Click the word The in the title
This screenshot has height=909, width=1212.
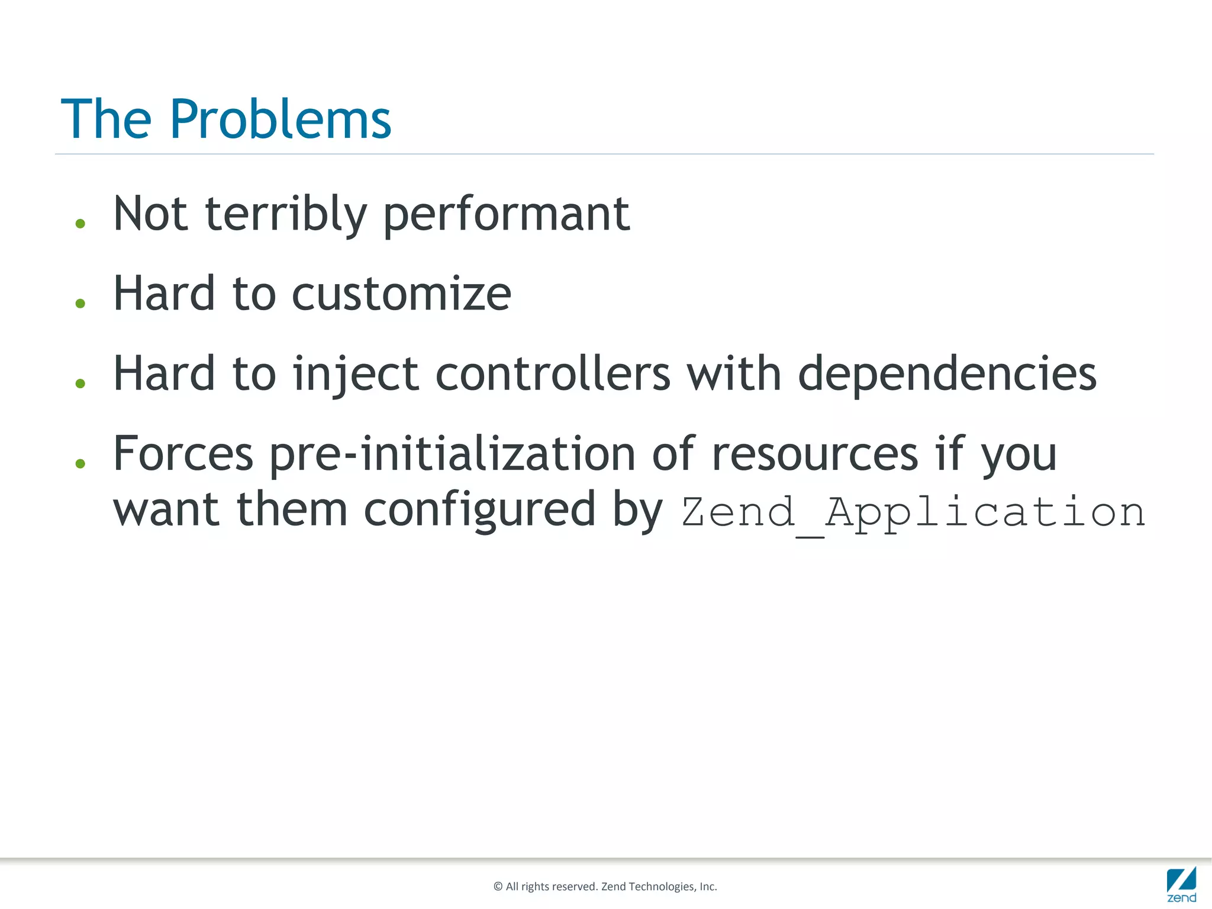(x=107, y=120)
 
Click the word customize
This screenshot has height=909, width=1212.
(x=401, y=294)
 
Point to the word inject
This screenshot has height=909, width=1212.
(x=355, y=374)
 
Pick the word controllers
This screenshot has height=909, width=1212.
(x=553, y=374)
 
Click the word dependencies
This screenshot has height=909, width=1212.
(x=947, y=374)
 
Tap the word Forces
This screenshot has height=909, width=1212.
(x=183, y=454)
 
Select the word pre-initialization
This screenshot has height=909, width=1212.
(x=453, y=454)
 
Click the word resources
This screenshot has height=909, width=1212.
(x=815, y=454)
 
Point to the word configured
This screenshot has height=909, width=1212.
(x=479, y=510)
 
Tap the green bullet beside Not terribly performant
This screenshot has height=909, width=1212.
(x=80, y=224)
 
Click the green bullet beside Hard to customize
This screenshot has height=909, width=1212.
(x=80, y=304)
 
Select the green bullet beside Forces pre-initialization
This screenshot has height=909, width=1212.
(x=80, y=463)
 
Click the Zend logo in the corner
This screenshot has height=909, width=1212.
(x=1181, y=885)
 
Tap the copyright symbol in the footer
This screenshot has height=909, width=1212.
(x=498, y=887)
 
